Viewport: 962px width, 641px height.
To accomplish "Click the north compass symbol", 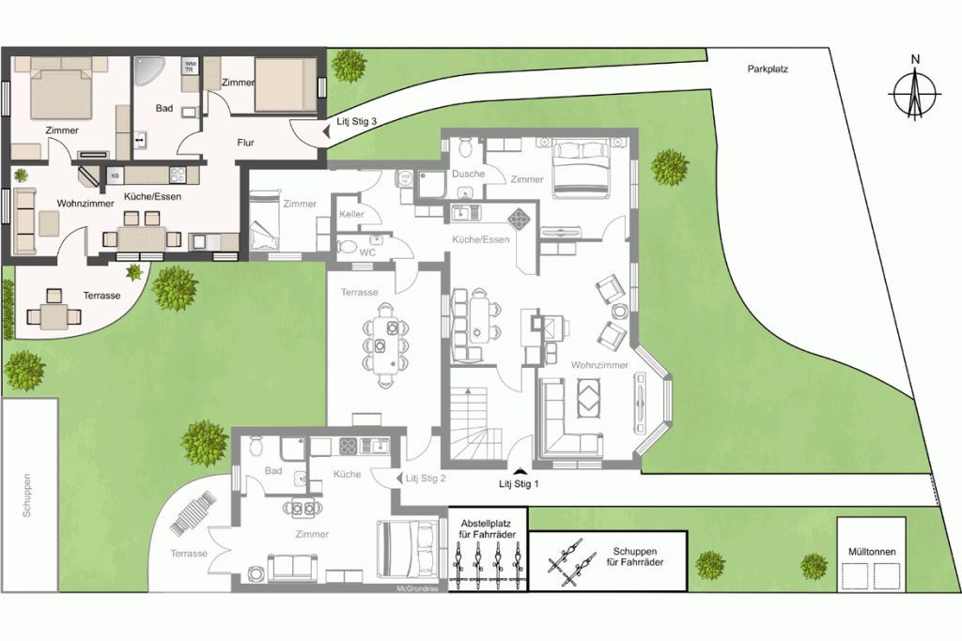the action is click(x=915, y=94).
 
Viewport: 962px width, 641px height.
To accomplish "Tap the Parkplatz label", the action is click(x=768, y=69).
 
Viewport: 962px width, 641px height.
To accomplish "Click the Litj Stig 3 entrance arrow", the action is click(x=324, y=130).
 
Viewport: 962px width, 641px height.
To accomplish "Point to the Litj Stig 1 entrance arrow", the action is click(x=520, y=470).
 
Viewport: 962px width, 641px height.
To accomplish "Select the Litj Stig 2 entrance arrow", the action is click(x=398, y=478).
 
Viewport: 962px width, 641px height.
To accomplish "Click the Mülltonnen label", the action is click(x=872, y=552).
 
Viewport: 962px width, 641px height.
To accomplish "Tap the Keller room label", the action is click(x=351, y=214).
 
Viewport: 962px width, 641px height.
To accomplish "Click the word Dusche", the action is click(x=468, y=174).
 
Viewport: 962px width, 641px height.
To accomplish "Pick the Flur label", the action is click(x=245, y=143).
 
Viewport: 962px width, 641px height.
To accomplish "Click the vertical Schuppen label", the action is click(x=27, y=496).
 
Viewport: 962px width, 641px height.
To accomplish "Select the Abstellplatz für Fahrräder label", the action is click(x=488, y=529).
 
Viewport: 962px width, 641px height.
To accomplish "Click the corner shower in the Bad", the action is click(x=147, y=70).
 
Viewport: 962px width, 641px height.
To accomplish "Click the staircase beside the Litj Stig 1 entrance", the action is click(x=477, y=422).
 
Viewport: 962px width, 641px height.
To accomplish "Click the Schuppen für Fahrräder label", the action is click(x=638, y=557).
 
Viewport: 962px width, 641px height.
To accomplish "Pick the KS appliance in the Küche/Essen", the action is click(x=115, y=176).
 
